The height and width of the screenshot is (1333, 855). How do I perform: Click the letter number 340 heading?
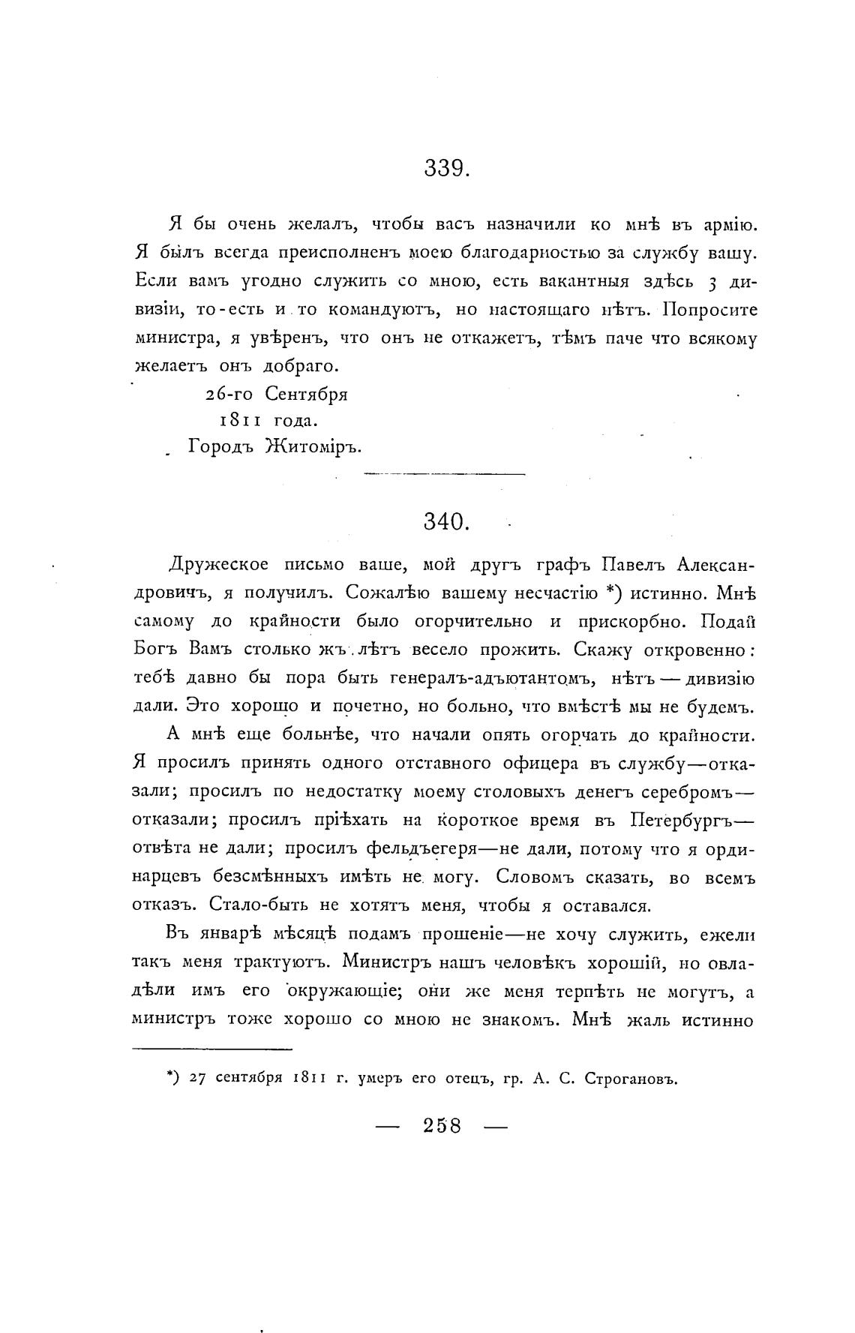(446, 522)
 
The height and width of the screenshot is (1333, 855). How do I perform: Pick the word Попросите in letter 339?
(710, 310)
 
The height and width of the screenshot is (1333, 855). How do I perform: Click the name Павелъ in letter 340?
(625, 563)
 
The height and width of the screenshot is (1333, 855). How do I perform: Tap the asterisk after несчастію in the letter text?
(611, 591)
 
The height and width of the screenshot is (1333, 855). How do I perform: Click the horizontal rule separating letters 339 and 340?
(444, 474)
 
